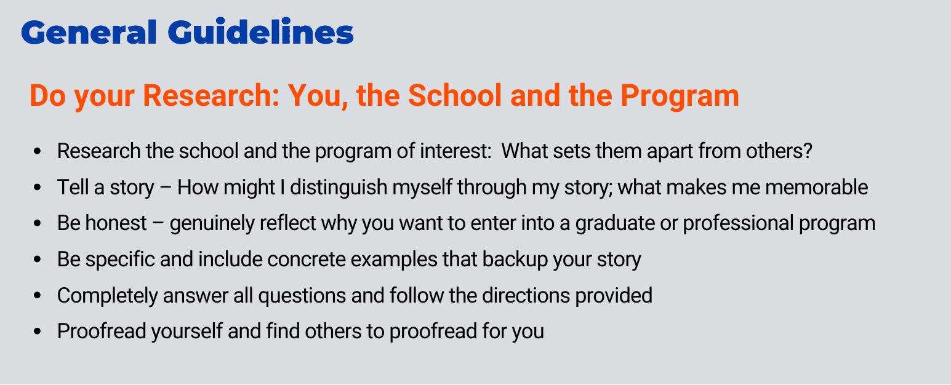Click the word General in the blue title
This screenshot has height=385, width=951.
pos(89,32)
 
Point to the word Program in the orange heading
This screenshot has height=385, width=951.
pos(680,97)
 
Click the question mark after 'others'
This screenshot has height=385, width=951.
pos(807,151)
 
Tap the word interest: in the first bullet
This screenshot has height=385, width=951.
pos(455,151)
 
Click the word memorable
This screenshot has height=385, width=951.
pos(816,187)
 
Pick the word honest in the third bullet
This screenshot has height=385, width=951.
pos(116,223)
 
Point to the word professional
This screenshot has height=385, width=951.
pos(738,224)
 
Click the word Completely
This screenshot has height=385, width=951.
pos(108,296)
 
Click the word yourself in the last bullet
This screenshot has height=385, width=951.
pos(187,332)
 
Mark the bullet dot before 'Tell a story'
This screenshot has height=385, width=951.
pos(38,187)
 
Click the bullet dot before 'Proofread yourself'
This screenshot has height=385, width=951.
pos(38,331)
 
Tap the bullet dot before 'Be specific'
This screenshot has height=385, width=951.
pos(38,259)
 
